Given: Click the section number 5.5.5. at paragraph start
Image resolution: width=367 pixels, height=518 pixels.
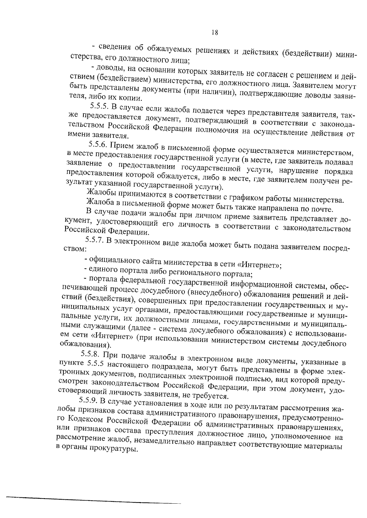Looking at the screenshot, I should click(x=99, y=106).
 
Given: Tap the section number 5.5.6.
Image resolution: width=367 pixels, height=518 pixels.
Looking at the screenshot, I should click(x=99, y=144).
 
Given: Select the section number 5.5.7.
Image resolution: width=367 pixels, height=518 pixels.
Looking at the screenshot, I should click(x=95, y=240).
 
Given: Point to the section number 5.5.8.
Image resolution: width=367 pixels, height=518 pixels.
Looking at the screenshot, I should click(x=91, y=354).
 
